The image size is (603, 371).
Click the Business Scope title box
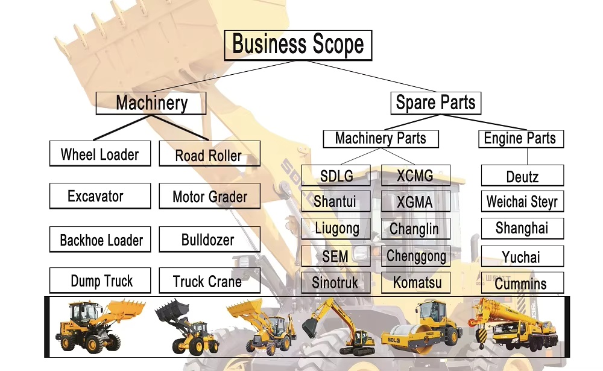coord(298,45)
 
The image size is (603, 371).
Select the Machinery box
coord(151,103)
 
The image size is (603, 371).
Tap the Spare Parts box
coord(436,103)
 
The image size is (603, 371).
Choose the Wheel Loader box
coord(100,154)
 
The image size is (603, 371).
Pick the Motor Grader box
coord(210,196)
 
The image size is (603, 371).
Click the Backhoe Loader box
coord(100,239)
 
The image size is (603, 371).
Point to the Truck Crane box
coord(210,281)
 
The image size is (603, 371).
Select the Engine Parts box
coord(521,139)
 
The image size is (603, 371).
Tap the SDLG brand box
coord(336,176)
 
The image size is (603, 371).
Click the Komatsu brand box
coord(415,283)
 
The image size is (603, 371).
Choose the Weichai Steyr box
coord(523,201)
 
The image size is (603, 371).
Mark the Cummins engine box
coord(523,283)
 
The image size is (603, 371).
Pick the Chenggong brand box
coord(415,256)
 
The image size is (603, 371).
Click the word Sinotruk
coord(335,283)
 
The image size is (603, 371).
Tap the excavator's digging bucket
coord(309,328)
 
